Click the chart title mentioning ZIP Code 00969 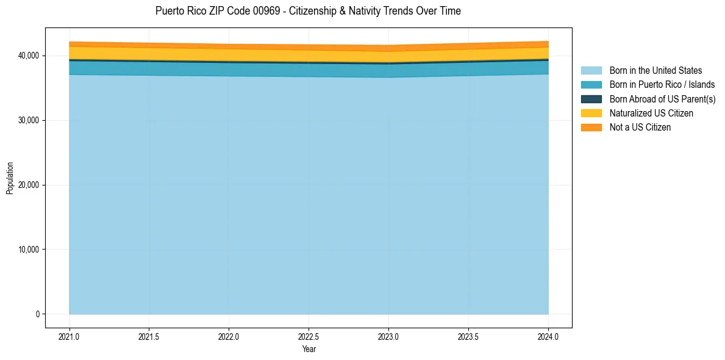click(x=308, y=11)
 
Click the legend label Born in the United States click(x=655, y=71)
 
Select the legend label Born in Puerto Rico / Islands click(x=662, y=85)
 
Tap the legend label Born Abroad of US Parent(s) click(x=662, y=99)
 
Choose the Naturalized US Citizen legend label click(x=651, y=113)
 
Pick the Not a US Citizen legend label click(x=640, y=128)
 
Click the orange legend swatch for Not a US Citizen click(x=591, y=128)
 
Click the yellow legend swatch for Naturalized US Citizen click(x=591, y=113)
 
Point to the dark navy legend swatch click(x=591, y=99)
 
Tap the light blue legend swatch click(x=591, y=71)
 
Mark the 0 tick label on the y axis click(x=37, y=314)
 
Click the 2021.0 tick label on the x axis click(x=69, y=336)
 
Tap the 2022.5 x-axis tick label click(x=309, y=336)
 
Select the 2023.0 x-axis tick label click(x=388, y=336)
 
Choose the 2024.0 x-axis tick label click(x=548, y=336)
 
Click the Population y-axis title click(x=10, y=178)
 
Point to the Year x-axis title click(x=309, y=350)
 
